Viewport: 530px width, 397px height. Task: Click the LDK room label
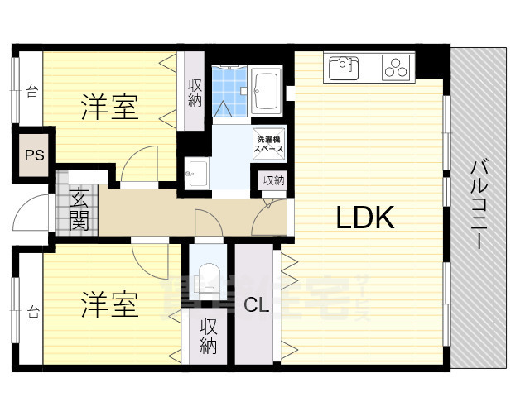365,218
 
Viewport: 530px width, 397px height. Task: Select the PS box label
34,155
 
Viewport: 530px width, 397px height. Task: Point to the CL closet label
257,304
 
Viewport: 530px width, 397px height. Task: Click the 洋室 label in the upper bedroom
109,106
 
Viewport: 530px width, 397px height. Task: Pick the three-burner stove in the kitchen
397,67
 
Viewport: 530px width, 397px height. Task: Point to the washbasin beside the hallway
197,174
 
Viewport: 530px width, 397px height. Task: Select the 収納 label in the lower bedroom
208,337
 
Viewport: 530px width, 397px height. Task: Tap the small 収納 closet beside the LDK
273,179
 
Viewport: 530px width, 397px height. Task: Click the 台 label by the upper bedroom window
32,91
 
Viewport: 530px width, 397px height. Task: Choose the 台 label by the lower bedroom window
33,312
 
